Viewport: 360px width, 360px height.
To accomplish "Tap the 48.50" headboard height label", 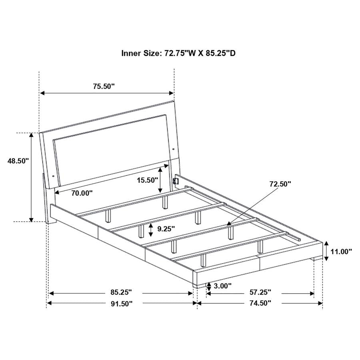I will [18, 161].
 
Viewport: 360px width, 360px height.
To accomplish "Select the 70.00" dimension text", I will [82, 193].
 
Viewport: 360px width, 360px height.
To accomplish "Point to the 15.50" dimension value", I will [147, 180].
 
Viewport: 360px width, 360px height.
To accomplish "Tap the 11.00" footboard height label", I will [341, 251].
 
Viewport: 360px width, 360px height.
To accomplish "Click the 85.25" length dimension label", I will [121, 293].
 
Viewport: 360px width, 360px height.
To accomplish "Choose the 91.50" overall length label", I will [121, 304].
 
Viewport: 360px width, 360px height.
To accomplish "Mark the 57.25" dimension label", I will [260, 293].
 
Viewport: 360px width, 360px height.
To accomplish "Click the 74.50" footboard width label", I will [260, 304].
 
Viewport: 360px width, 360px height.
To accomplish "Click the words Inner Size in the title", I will [141, 53].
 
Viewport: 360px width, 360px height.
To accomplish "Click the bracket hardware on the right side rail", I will [175, 180].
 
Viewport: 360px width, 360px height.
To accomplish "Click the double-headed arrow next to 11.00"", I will [326, 251].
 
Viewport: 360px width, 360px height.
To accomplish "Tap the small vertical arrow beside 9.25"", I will [150, 230].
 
